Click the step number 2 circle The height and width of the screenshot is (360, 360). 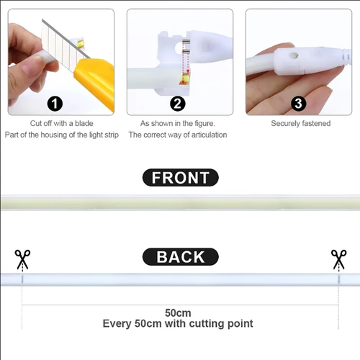pyautogui.click(x=178, y=103)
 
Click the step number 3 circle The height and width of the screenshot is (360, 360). pyautogui.click(x=298, y=103)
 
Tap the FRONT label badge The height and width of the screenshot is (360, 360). pyautogui.click(x=180, y=178)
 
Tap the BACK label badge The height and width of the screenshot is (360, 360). pyautogui.click(x=180, y=257)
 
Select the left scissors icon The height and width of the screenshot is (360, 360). pyautogui.click(x=22, y=259)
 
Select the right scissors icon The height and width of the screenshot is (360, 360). pyautogui.click(x=338, y=259)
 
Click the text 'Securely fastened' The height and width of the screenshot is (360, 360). pyautogui.click(x=301, y=123)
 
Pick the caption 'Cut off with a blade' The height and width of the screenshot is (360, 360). pyautogui.click(x=61, y=123)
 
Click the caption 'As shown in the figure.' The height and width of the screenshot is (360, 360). pyautogui.click(x=177, y=123)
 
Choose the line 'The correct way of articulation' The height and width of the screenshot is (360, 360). pyautogui.click(x=178, y=135)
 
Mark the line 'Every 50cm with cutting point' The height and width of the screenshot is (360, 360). pyautogui.click(x=178, y=324)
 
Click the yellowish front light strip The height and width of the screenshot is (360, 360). pyautogui.click(x=180, y=202)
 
